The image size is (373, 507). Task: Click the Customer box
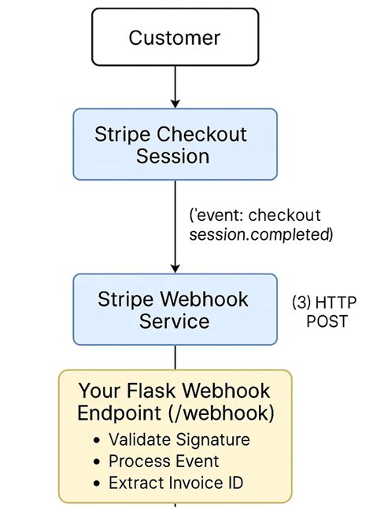(175, 37)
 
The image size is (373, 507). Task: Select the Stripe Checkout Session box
(175, 145)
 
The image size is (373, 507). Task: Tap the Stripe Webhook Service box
(175, 310)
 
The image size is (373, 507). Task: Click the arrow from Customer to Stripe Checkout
(175, 86)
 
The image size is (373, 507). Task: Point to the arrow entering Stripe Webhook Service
(175, 236)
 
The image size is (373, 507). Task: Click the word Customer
(175, 37)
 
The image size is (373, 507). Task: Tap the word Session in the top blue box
(173, 156)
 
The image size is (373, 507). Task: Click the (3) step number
(301, 301)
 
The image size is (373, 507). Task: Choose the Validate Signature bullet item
(179, 440)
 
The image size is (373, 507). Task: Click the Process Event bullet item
(164, 461)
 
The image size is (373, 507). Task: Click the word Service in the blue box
(175, 321)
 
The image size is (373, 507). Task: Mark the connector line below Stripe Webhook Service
(175, 357)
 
